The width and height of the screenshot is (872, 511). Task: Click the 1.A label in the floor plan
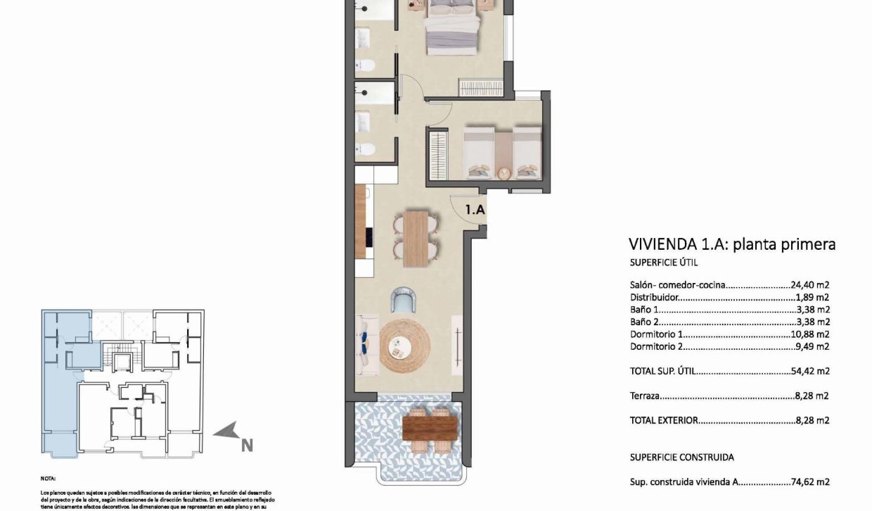click(x=475, y=209)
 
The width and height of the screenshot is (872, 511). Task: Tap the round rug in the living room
click(x=404, y=345)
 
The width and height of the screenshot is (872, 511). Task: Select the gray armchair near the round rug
click(x=404, y=301)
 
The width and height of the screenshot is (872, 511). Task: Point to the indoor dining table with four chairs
click(x=416, y=239)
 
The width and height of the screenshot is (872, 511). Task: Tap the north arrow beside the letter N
click(x=229, y=431)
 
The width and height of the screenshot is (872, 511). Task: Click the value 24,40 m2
click(x=810, y=286)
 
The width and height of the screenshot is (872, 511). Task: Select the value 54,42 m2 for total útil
click(x=810, y=370)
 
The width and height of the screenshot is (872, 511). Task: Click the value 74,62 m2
click(x=810, y=482)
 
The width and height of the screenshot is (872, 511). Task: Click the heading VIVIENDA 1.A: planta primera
click(x=731, y=245)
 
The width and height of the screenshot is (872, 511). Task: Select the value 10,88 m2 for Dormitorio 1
click(x=810, y=334)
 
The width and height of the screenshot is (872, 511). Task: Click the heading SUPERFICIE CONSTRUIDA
click(x=681, y=457)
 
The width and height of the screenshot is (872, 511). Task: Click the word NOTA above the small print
click(x=48, y=478)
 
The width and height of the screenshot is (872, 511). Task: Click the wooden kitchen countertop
click(x=361, y=222)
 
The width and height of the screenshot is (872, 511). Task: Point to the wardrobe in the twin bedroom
click(x=437, y=157)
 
